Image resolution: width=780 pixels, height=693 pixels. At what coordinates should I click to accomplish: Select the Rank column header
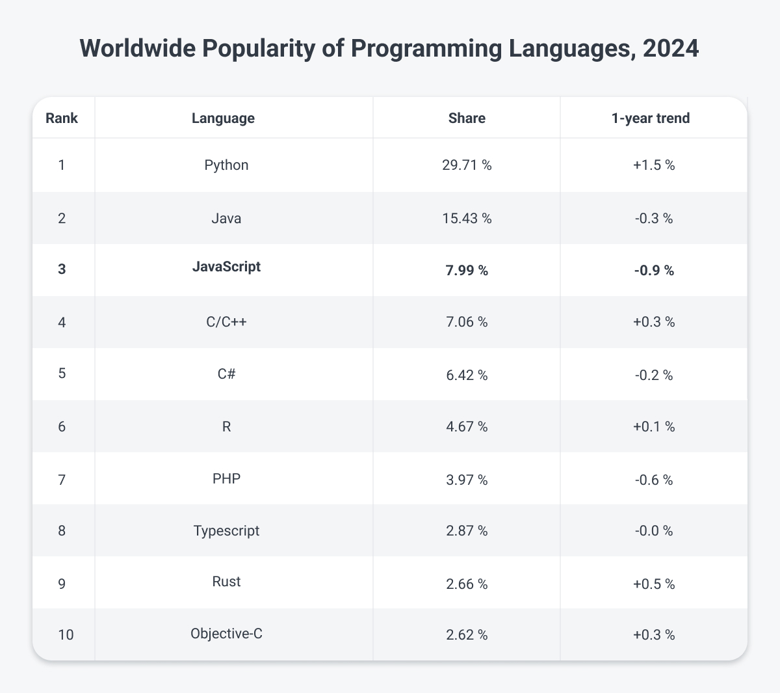62,118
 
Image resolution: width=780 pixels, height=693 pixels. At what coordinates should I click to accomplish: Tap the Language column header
223,118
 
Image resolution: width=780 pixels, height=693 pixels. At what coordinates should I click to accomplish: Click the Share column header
467,118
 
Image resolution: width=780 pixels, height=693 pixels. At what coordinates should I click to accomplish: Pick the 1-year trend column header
653,118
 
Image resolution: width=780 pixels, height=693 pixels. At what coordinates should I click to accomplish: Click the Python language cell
226,165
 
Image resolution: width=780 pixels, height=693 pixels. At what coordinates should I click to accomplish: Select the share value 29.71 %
467,165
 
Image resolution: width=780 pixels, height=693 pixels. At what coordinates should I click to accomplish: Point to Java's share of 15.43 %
467,218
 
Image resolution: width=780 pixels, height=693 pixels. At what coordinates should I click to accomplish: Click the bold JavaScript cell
226,267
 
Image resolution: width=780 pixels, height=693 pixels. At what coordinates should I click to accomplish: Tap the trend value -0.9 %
653,270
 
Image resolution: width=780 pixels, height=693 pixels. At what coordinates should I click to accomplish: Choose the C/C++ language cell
226,322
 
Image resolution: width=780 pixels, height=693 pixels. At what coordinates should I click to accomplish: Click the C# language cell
226,374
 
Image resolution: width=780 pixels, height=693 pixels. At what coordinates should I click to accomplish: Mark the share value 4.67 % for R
467,427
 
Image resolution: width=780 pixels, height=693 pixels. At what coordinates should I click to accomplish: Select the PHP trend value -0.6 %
653,480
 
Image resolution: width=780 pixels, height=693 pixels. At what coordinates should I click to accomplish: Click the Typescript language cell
226,531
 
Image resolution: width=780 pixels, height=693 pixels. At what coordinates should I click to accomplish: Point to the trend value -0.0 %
653,531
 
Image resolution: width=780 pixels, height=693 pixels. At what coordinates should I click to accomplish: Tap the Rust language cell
226,582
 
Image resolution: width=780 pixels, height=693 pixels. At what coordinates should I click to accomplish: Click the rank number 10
66,635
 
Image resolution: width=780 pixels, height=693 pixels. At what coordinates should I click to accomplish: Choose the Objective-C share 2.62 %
467,635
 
